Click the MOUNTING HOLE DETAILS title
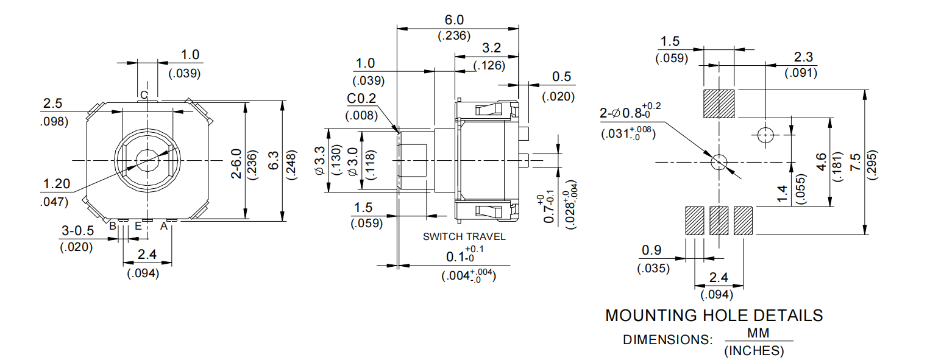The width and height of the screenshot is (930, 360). click(714, 316)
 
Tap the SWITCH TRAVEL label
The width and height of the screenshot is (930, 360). click(464, 236)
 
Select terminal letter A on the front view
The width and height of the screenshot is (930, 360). click(163, 226)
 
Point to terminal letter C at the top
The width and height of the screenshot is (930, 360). click(144, 95)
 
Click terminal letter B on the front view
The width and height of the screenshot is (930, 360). click(113, 226)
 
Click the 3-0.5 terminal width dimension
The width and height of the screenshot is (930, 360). click(78, 231)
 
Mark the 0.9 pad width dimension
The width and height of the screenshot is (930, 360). click(653, 250)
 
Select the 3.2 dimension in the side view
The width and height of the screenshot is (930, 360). click(492, 48)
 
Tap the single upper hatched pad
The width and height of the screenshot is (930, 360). click(719, 104)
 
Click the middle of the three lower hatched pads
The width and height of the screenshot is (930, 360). click(719, 221)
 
